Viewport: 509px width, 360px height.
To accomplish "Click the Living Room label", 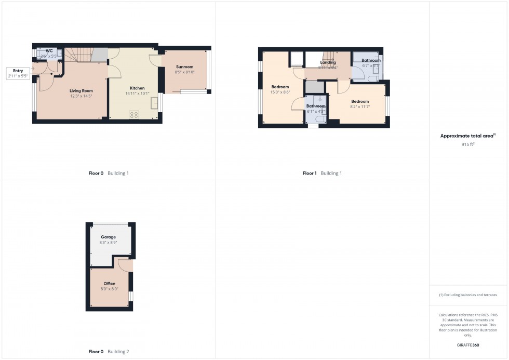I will click(x=82, y=91).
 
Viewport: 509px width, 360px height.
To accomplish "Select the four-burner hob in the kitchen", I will click(x=134, y=115).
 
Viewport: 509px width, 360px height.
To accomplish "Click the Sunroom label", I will click(x=184, y=67).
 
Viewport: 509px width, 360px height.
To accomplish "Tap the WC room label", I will click(x=49, y=50).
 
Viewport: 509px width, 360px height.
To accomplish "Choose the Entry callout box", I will click(x=18, y=73).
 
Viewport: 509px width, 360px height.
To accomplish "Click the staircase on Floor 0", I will click(x=81, y=54).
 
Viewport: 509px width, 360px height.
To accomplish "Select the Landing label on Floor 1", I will click(x=328, y=62).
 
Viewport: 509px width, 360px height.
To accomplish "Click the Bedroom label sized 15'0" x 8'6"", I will click(x=280, y=87).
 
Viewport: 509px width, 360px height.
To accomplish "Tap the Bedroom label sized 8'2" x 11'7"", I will click(x=359, y=101).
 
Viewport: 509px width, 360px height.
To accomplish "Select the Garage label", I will click(x=108, y=237).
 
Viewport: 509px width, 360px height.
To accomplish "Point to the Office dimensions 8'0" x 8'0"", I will click(x=109, y=289).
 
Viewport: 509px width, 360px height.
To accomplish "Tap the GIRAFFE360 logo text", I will click(x=468, y=344).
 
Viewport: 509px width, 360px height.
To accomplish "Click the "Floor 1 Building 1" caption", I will click(x=322, y=173).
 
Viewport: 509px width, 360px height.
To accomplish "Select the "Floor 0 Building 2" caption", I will click(x=109, y=352).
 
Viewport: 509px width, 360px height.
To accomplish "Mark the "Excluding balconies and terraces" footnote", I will click(x=468, y=295).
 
